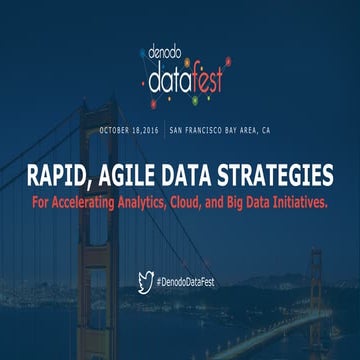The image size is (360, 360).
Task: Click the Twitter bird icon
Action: tap(145, 282)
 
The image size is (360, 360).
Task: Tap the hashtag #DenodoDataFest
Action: tap(187, 283)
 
